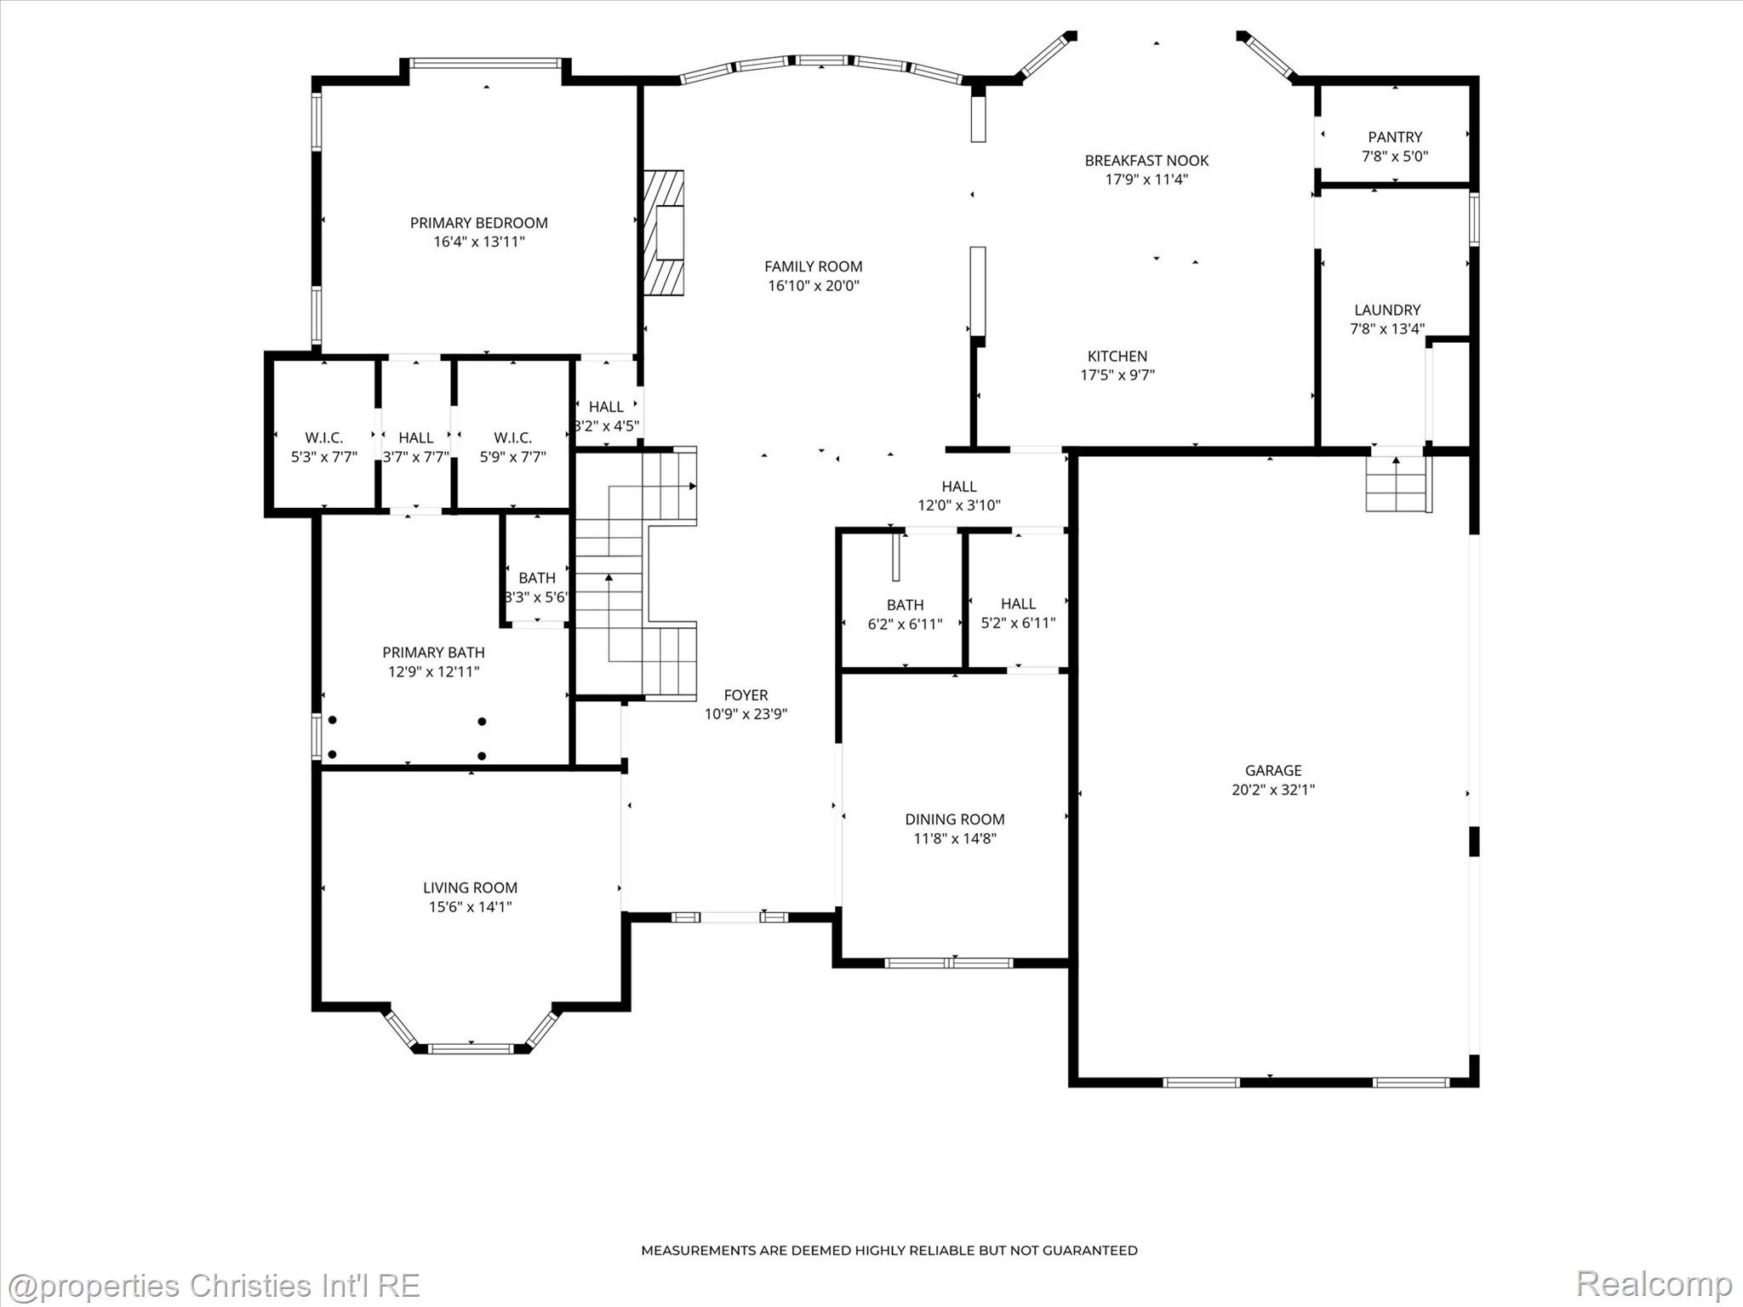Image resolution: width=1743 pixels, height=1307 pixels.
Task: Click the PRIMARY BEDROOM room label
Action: point(478,223)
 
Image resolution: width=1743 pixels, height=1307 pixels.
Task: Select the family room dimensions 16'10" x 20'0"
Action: point(814,286)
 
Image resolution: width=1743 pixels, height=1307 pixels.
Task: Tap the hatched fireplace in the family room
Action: point(664,233)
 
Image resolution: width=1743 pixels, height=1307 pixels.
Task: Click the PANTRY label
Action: point(1395,137)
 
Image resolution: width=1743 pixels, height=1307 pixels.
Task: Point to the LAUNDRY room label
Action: point(1387,311)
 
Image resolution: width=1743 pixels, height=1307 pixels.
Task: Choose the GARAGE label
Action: point(1273,771)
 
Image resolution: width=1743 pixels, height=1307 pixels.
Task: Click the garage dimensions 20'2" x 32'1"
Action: point(1273,790)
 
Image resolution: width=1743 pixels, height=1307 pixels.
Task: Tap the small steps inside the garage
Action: point(1396,483)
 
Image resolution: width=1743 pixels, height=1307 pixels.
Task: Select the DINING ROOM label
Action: point(954,819)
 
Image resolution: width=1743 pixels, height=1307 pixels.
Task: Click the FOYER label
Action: point(746,695)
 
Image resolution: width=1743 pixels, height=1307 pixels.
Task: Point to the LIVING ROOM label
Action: point(470,888)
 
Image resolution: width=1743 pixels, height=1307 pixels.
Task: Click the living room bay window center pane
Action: point(471,1048)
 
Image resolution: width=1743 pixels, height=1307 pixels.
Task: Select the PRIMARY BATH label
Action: point(433,653)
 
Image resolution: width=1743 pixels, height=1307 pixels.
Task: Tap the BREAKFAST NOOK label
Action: point(1146,161)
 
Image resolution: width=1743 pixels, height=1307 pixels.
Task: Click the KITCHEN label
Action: point(1117,357)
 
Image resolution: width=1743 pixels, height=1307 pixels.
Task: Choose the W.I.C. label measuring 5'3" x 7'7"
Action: point(324,438)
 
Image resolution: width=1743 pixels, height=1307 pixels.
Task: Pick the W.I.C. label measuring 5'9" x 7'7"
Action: point(512,438)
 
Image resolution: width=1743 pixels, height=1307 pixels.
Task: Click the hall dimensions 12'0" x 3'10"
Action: point(958,505)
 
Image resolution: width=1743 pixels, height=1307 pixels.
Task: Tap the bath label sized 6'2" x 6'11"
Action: point(905,605)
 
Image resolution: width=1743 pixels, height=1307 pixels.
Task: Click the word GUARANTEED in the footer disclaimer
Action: point(1089,1250)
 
